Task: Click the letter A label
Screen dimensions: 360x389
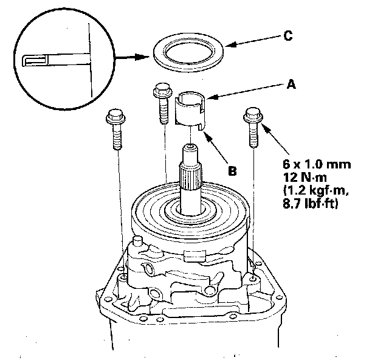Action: pos(292,86)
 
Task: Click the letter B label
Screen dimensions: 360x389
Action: pos(232,171)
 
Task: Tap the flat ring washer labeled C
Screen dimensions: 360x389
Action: pos(188,54)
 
